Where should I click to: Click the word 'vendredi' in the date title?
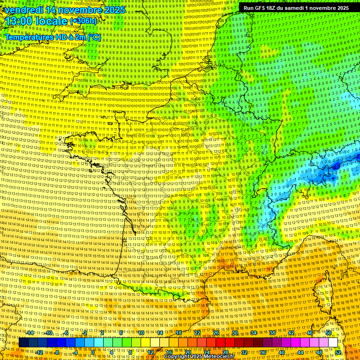(22, 9)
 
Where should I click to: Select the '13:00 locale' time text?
(35, 21)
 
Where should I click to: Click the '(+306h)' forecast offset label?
(83, 22)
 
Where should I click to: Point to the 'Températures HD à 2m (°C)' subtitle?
(52, 37)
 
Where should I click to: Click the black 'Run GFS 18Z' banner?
(296, 8)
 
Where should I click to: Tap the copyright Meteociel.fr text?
(199, 357)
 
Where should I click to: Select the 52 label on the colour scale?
(338, 352)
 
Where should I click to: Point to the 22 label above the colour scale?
(197, 333)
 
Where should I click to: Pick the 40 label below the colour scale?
(281, 352)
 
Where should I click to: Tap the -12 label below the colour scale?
(39, 352)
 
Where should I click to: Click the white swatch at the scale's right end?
(333, 343)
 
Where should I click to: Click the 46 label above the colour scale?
(309, 333)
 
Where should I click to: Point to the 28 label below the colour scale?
(225, 352)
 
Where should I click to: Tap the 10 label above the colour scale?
(141, 333)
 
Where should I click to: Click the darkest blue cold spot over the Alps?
(336, 165)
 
